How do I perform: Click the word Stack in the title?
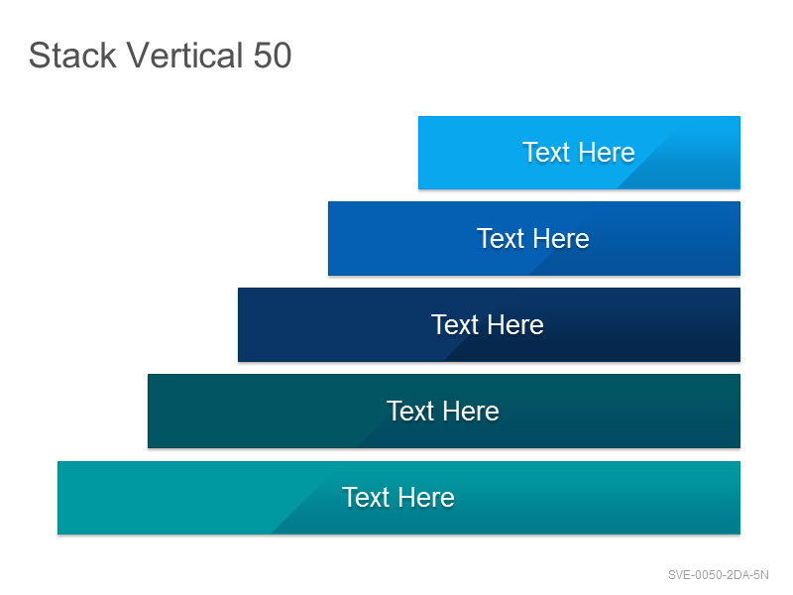click(72, 56)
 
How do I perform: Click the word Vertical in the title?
click(184, 56)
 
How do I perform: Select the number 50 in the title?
click(273, 56)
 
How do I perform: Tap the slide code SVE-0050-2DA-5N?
click(718, 575)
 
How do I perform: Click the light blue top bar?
click(579, 153)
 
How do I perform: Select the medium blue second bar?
click(534, 239)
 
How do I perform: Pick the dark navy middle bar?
click(489, 325)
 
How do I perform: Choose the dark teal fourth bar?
click(444, 412)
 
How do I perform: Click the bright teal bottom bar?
click(399, 498)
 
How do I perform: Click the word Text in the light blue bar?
click(546, 153)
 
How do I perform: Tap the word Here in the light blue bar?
click(607, 153)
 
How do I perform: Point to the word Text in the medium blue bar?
click(501, 238)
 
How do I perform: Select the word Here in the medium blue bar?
click(561, 238)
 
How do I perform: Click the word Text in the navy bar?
click(455, 324)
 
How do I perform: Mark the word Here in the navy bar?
click(515, 324)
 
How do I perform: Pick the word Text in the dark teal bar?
click(410, 411)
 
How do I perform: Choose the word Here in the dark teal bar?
click(471, 411)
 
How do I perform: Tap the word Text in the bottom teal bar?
click(366, 497)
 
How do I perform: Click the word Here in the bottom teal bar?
click(426, 497)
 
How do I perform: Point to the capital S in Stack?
click(39, 56)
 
